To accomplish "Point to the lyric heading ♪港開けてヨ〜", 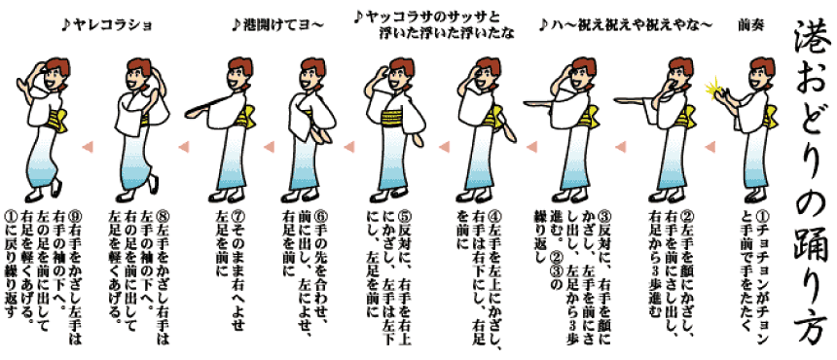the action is click(277, 25).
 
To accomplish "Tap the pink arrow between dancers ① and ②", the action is click(710, 146).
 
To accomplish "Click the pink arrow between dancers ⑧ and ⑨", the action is click(87, 146).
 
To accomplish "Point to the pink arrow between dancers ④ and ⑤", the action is click(444, 146).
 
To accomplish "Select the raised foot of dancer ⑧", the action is click(154, 184).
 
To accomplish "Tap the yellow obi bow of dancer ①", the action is click(770, 115).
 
